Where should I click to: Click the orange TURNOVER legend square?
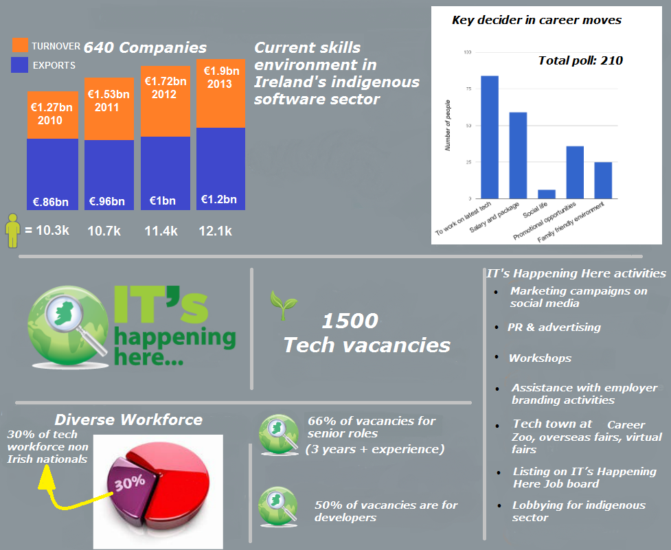coord(21,45)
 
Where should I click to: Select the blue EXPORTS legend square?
coord(21,65)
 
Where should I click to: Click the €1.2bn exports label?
coord(219,200)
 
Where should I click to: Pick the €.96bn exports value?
coord(107,202)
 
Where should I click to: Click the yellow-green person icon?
coord(12,230)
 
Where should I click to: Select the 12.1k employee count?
coord(215,231)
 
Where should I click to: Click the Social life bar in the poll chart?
coord(547,194)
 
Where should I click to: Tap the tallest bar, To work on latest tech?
coord(490,137)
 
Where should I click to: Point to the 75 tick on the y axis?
coord(468,89)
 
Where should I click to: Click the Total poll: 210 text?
coord(580,60)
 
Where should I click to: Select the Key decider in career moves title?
coord(536,20)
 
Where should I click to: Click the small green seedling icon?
coord(278,304)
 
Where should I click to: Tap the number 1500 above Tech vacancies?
coord(350,321)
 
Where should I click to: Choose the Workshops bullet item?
coord(540,358)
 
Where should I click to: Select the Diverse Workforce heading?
coord(128,419)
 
